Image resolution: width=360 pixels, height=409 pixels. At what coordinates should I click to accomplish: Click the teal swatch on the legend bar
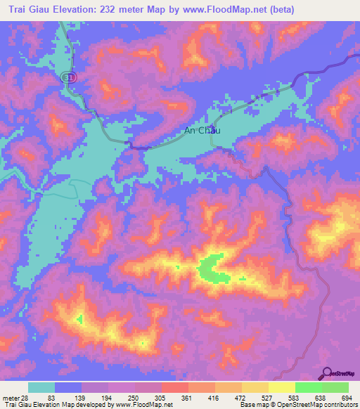[x=41, y=388]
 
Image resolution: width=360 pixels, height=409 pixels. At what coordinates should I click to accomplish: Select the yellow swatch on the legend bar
[x=281, y=388]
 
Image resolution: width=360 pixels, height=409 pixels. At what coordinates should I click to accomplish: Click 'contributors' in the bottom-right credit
[x=337, y=404]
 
